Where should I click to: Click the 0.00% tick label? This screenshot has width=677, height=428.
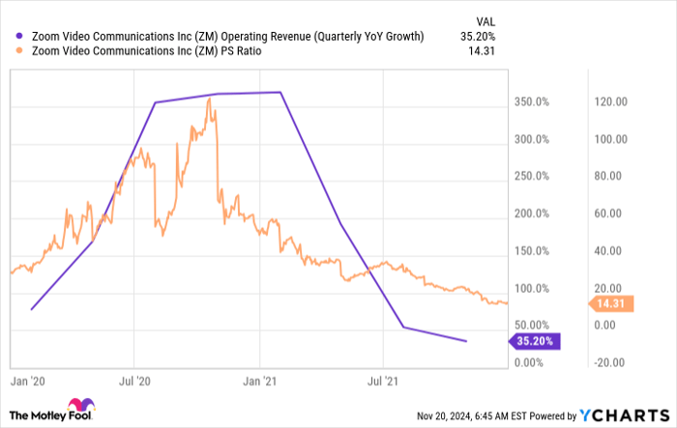[x=533, y=362]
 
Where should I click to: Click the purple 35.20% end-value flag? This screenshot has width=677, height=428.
[x=534, y=340]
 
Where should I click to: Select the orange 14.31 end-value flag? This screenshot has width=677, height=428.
[x=609, y=304]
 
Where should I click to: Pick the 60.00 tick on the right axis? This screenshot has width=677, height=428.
[x=607, y=214]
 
